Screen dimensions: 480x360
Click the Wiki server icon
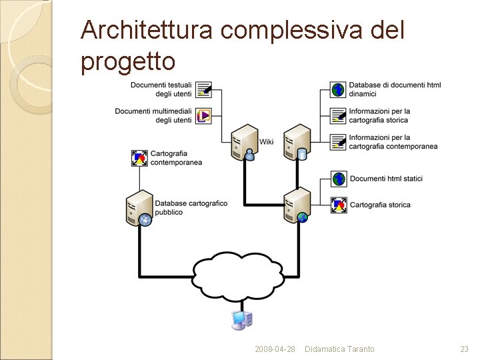244,142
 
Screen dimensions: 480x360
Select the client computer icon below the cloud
241,320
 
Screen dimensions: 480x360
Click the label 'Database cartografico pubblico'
191,208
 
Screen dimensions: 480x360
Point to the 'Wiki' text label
267,141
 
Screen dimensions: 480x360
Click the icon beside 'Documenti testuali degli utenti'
205,89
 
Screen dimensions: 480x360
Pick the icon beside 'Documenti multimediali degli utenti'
205,115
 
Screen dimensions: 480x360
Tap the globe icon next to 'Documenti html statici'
339,179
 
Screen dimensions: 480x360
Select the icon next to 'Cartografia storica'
339,205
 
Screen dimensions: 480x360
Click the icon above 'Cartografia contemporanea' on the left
140,158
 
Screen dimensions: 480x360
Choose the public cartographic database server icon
140,208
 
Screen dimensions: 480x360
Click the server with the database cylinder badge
297,142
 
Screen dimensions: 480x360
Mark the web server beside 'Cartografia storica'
297,205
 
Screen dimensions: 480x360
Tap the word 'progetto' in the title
128,61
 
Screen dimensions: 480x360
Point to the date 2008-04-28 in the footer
275,349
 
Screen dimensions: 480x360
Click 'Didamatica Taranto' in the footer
339,349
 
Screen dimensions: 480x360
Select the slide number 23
465,349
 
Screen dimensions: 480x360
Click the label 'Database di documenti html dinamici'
395,89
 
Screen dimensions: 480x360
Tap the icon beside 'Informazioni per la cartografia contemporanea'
339,141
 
